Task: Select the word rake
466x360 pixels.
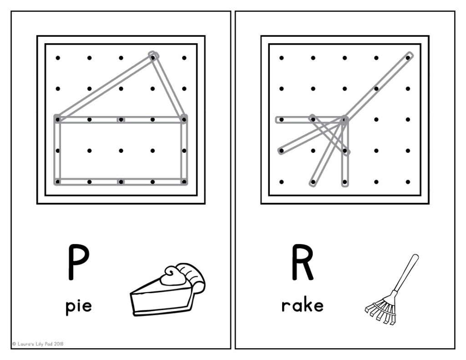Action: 302,305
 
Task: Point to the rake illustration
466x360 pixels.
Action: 391,291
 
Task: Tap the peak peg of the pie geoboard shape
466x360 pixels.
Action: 153,56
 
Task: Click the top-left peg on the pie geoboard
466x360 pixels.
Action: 58,58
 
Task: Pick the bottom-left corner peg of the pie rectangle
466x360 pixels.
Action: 58,182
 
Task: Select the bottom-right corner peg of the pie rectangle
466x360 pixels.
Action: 184,182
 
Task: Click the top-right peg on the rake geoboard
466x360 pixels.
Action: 408,57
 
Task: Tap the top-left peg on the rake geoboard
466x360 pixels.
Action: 282,58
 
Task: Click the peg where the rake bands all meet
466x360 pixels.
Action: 344,120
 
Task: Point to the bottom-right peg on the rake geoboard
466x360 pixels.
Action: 408,182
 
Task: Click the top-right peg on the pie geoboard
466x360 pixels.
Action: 184,58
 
